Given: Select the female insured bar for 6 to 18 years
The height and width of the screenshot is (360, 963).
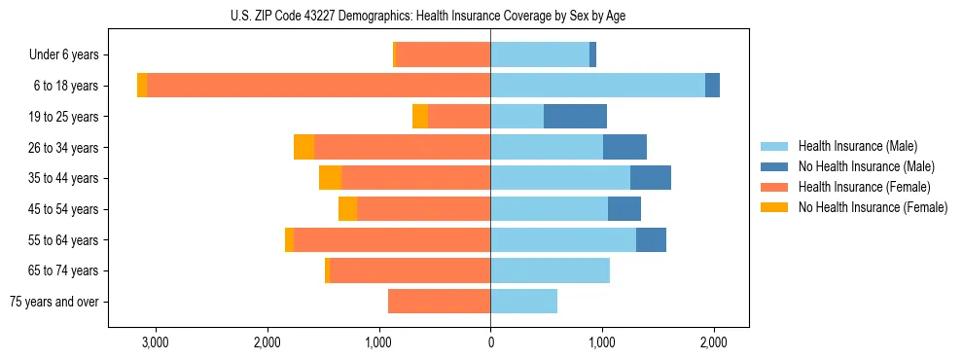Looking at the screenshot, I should point(318,86).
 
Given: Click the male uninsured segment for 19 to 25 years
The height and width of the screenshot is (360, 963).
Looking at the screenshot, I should point(575,117).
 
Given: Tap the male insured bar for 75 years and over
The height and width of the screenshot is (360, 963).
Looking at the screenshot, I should point(523,302).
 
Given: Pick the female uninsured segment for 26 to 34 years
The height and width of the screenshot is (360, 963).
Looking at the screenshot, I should point(303,147).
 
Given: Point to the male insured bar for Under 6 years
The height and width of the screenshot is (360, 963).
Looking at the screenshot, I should point(540,54).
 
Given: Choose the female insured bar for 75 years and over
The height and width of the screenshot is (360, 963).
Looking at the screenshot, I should point(439,302).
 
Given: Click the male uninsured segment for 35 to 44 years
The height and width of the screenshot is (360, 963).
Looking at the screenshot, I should point(651,178).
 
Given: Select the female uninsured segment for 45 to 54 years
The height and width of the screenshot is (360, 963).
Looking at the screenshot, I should point(347,209).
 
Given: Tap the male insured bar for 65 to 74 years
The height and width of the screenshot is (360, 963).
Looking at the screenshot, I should point(550,270).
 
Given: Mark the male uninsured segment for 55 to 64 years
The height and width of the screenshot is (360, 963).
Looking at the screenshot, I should point(651,239).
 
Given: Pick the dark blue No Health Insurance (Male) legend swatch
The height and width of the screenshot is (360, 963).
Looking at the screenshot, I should point(774,166).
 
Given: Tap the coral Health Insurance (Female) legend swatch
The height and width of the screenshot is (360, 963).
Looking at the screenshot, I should point(774,187).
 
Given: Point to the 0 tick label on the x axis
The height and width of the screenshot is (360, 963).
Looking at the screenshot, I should point(490,342).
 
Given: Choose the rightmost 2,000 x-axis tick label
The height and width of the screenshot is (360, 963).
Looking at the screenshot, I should point(713,342).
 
